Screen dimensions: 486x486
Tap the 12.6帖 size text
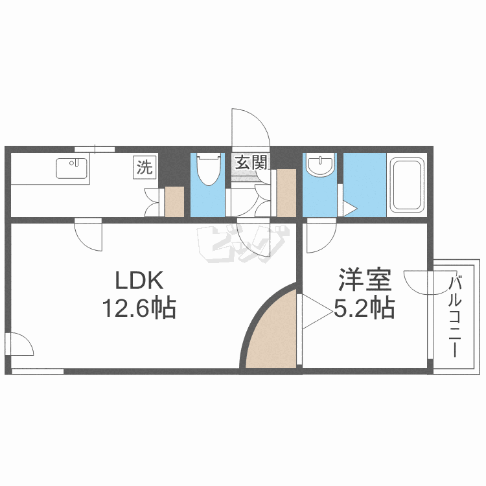[137, 308]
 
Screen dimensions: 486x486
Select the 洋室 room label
[364, 281]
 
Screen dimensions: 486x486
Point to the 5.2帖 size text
[364, 308]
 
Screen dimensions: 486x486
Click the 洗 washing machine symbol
[144, 167]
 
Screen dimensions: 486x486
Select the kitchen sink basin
[73, 168]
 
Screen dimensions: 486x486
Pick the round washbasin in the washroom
[319, 166]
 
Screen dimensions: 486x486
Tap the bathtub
[406, 185]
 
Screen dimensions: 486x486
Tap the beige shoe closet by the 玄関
[286, 192]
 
